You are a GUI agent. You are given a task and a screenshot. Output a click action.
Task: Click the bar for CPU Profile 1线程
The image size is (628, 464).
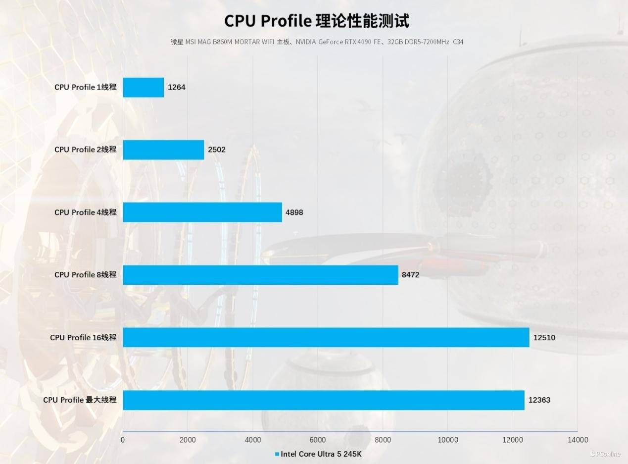(143, 87)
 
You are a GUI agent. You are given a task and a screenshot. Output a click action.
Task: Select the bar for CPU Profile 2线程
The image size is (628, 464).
(163, 150)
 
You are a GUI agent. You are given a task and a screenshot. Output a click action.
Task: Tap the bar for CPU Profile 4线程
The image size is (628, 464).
(202, 212)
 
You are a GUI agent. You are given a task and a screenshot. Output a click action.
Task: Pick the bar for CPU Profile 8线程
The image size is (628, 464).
(260, 275)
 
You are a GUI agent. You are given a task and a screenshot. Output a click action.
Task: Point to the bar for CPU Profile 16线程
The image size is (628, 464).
(326, 337)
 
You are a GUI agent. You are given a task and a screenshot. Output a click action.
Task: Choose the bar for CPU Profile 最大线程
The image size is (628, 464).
(323, 400)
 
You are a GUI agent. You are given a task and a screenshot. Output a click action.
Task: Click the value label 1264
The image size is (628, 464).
(177, 87)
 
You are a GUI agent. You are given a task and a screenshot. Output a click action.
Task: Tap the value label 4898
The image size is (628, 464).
(294, 212)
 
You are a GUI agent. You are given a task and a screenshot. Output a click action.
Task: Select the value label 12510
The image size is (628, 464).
(544, 338)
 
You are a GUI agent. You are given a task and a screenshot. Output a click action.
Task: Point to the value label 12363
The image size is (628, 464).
(539, 400)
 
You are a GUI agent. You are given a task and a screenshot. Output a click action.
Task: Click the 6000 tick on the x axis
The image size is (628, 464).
(317, 440)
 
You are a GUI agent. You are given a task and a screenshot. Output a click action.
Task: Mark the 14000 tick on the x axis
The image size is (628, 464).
(577, 440)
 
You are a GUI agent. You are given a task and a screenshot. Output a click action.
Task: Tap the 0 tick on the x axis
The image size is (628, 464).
(123, 440)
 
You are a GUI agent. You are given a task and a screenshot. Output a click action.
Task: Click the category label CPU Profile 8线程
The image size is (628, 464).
(85, 275)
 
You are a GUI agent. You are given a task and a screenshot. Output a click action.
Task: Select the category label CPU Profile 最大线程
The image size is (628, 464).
(80, 400)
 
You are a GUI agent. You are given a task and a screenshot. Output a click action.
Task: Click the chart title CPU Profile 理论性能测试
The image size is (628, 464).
(317, 21)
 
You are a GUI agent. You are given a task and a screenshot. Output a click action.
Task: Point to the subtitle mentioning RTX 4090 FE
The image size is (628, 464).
(317, 42)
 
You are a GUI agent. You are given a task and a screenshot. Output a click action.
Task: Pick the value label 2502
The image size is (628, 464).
(217, 150)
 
